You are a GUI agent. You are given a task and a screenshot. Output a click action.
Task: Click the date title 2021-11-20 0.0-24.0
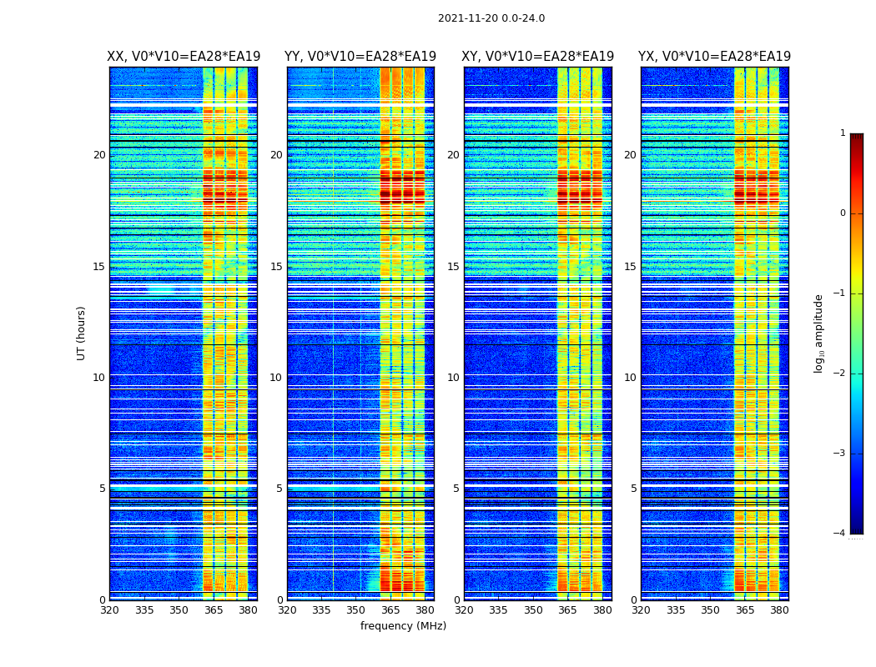click(491, 18)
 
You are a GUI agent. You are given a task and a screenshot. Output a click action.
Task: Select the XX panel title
click(184, 57)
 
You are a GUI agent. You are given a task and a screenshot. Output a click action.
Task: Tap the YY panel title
click(360, 57)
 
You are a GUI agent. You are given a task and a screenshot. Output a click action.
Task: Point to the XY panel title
click(538, 57)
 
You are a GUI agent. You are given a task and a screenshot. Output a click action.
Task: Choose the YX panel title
click(715, 57)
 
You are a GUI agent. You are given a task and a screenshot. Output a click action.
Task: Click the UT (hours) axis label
click(82, 333)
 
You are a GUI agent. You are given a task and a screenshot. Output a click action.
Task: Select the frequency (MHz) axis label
click(403, 626)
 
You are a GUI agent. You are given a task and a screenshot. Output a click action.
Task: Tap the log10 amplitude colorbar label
click(819, 333)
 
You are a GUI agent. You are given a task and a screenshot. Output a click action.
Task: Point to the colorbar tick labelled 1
click(843, 133)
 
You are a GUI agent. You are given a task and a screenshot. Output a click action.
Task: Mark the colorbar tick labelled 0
click(843, 213)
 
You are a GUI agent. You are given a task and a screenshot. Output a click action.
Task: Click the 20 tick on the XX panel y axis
click(99, 155)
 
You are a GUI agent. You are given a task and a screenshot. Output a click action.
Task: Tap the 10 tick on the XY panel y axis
click(454, 378)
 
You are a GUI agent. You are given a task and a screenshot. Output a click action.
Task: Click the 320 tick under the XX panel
click(109, 610)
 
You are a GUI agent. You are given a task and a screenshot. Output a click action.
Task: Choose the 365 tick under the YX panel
click(745, 610)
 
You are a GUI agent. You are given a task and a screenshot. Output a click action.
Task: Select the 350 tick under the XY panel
click(533, 610)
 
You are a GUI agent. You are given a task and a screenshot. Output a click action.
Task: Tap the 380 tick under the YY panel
click(425, 610)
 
